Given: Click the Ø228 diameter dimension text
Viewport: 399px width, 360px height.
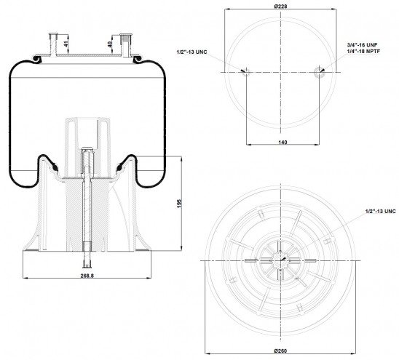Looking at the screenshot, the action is (280, 6).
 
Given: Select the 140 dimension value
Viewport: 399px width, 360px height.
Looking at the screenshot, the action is (283, 142).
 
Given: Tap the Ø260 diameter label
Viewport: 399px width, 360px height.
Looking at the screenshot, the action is (280, 351).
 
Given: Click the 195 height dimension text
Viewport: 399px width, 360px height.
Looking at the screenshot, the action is (179, 204).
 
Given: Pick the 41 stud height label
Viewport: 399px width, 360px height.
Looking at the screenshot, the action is (66, 44).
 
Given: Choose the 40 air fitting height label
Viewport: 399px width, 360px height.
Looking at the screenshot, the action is (110, 44).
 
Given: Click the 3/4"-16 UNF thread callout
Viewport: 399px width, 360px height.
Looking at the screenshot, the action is (362, 45).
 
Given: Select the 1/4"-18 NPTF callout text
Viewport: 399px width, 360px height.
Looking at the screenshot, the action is (363, 51).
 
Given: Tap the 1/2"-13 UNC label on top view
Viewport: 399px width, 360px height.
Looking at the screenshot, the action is (192, 52).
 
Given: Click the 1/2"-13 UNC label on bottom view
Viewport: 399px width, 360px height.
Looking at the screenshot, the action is (380, 211).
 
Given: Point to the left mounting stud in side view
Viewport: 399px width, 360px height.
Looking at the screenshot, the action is (53, 44).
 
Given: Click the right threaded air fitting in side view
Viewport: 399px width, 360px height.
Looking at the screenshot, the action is (126, 45).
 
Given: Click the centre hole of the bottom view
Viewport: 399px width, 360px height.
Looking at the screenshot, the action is (280, 260).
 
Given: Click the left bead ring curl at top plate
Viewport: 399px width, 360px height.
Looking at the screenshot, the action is (37, 59).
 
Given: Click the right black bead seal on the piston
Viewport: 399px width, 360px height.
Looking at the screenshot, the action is (119, 168).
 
